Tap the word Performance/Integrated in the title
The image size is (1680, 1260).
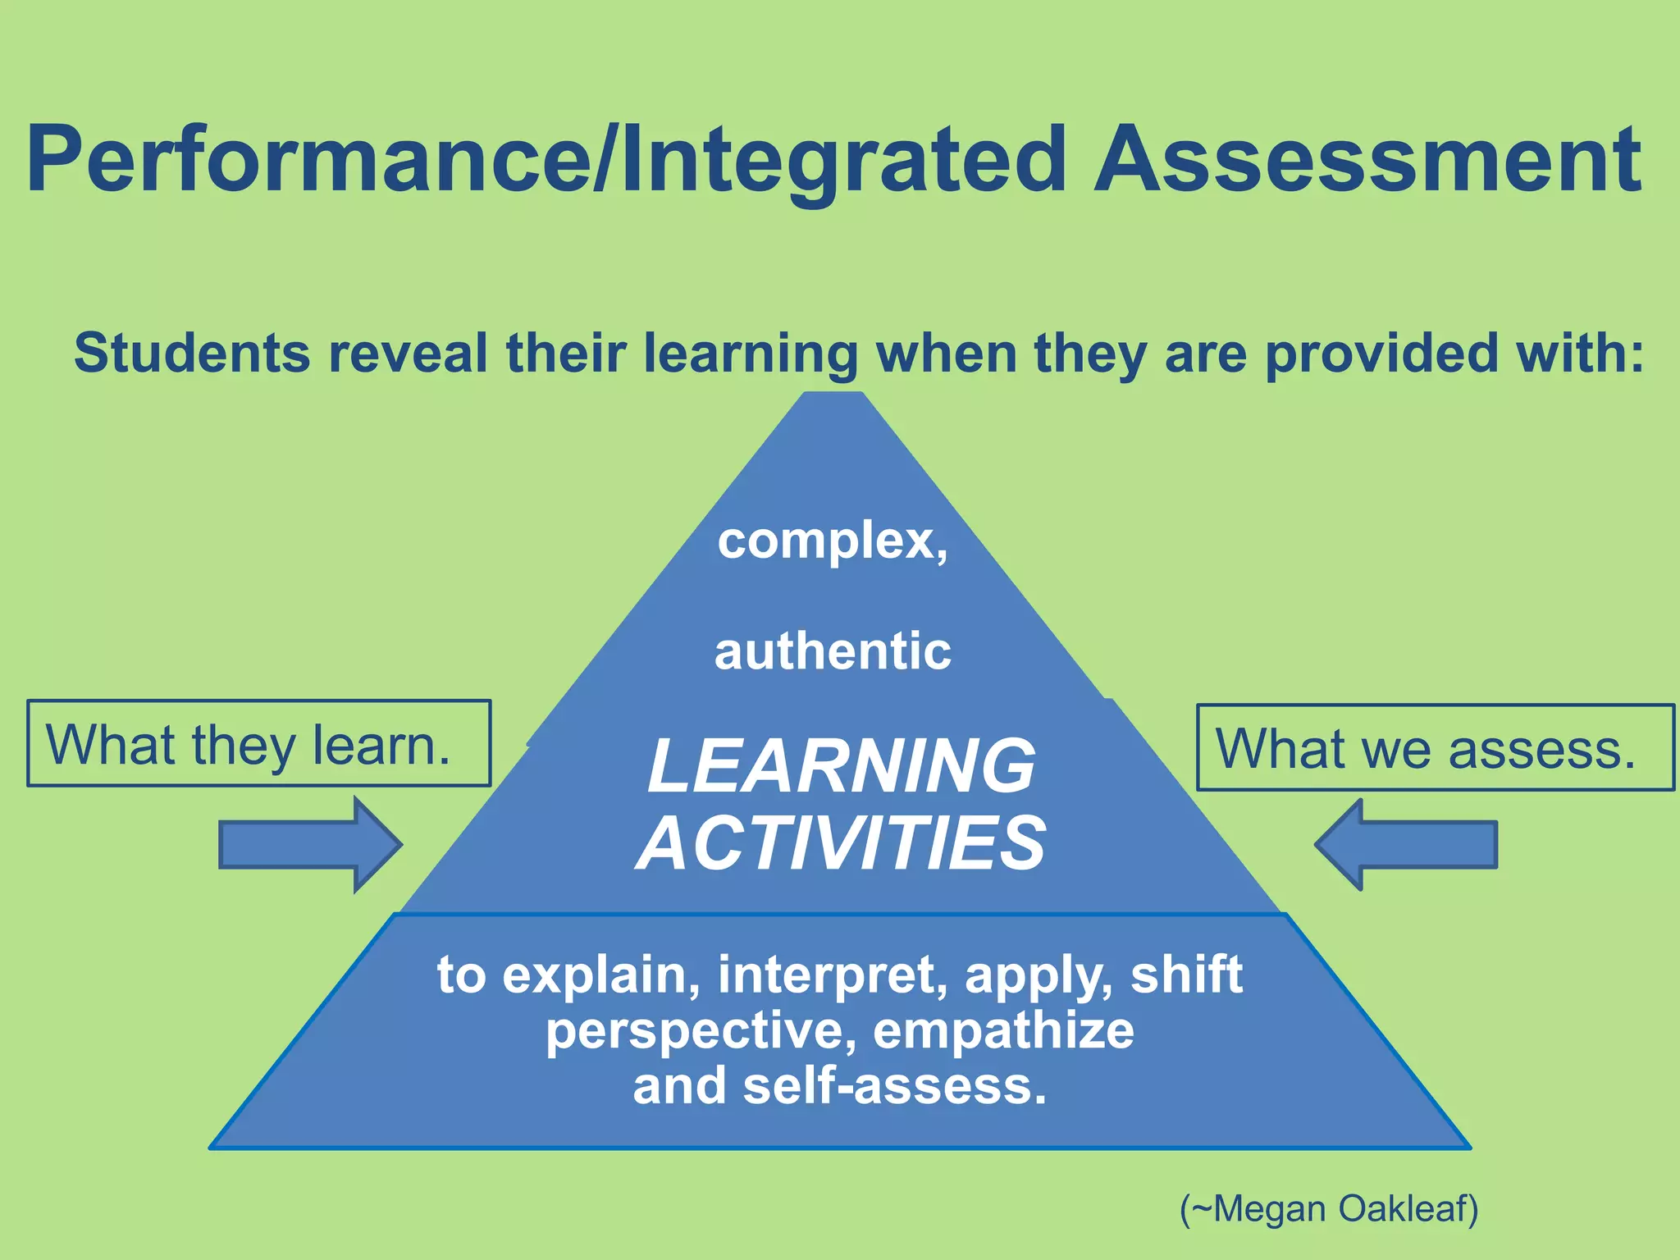pyautogui.click(x=546, y=162)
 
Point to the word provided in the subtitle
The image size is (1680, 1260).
pyautogui.click(x=1381, y=354)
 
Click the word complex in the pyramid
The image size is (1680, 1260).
pyautogui.click(x=826, y=542)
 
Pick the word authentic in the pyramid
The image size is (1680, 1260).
pyautogui.click(x=833, y=652)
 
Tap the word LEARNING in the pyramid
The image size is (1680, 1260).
pyautogui.click(x=841, y=766)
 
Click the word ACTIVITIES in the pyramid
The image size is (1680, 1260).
pyautogui.click(x=841, y=843)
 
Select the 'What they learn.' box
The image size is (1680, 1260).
pyautogui.click(x=258, y=743)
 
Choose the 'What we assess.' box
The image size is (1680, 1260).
pyautogui.click(x=1435, y=748)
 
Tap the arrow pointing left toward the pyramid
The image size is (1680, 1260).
pyautogui.click(x=1406, y=844)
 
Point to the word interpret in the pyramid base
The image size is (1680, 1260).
pyautogui.click(x=832, y=975)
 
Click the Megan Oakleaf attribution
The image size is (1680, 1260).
pyautogui.click(x=1329, y=1208)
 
